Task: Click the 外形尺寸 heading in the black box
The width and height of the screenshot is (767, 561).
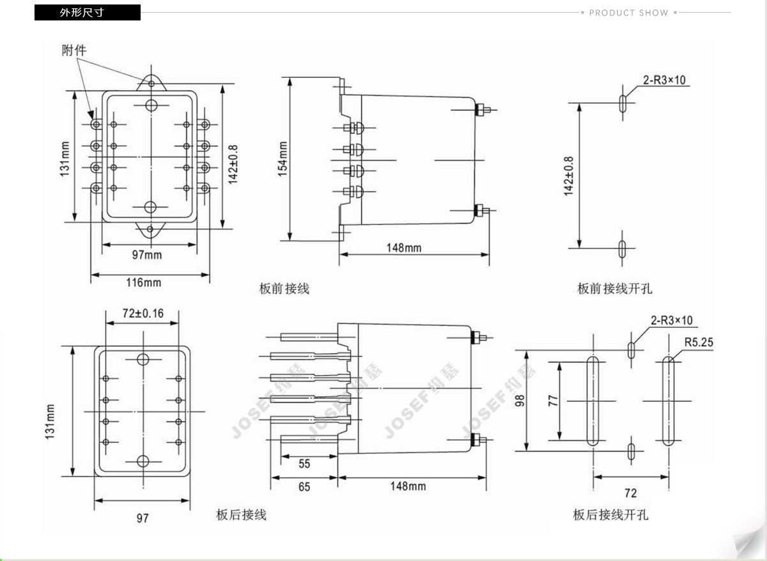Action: click(x=82, y=13)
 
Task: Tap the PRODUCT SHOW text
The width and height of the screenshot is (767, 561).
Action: click(x=629, y=13)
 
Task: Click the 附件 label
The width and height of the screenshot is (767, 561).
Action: click(x=74, y=50)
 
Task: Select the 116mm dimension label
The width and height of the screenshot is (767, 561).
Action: click(x=143, y=282)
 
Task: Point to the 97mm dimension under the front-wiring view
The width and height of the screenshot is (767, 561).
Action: click(x=147, y=255)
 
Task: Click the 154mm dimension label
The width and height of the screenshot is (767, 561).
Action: click(x=283, y=159)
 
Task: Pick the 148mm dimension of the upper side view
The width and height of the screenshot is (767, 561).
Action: click(x=404, y=248)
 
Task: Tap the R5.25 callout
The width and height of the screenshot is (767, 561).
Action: click(x=699, y=342)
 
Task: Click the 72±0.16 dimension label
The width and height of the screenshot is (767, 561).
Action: click(x=143, y=313)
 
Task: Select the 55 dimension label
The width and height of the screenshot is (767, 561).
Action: click(x=304, y=464)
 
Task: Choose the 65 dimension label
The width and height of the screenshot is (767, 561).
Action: click(x=304, y=487)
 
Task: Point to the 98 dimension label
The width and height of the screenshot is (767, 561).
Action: click(x=520, y=401)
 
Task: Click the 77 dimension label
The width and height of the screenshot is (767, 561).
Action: click(x=554, y=401)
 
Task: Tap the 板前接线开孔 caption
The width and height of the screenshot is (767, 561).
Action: click(x=615, y=289)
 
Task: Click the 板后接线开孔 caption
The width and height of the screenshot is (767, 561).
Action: click(x=610, y=514)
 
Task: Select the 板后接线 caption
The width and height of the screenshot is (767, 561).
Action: click(x=241, y=514)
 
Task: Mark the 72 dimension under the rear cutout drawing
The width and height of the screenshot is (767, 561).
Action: click(x=630, y=493)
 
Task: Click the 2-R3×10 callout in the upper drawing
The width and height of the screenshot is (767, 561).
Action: click(x=664, y=80)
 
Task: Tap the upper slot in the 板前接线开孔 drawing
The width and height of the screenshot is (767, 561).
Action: click(x=623, y=104)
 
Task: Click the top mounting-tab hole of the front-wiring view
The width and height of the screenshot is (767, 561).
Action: click(x=151, y=84)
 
